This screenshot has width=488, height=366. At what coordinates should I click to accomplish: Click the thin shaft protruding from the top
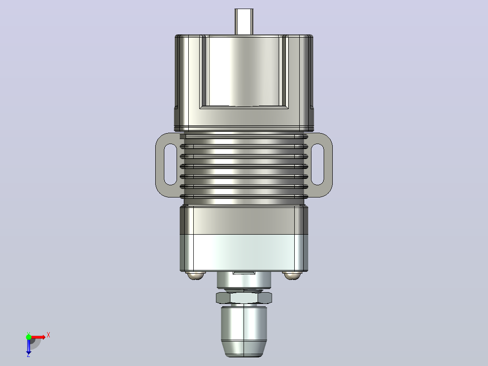point(244,21)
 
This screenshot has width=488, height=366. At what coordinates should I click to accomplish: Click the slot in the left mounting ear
point(170,164)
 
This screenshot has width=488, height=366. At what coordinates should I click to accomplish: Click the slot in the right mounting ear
point(317,164)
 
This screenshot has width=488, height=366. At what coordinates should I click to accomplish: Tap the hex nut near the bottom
point(244,298)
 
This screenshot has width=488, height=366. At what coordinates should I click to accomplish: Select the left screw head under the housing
point(196,275)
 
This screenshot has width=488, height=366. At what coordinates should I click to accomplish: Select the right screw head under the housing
point(292,275)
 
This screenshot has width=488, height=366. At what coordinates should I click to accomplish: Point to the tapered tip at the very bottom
point(244,348)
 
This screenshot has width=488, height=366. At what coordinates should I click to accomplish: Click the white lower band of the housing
point(244,253)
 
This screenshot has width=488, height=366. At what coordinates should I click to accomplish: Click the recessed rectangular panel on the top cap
point(244,72)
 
